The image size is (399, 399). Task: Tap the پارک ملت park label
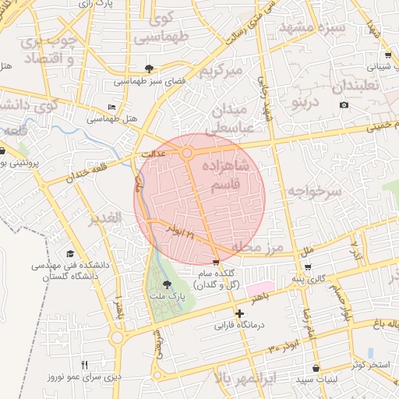point(166,298)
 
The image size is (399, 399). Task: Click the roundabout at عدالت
point(187,154)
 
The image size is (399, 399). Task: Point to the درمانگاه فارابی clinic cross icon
point(239,313)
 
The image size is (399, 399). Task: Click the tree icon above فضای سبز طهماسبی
point(150,68)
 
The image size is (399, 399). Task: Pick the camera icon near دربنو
point(344,105)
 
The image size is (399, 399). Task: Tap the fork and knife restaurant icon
point(85,365)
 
